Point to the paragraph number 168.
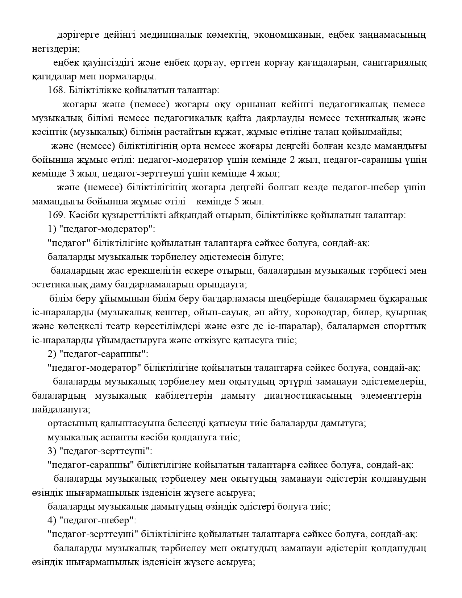click(x=55, y=90)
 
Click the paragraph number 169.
click(x=55, y=215)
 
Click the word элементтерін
click(x=391, y=395)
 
